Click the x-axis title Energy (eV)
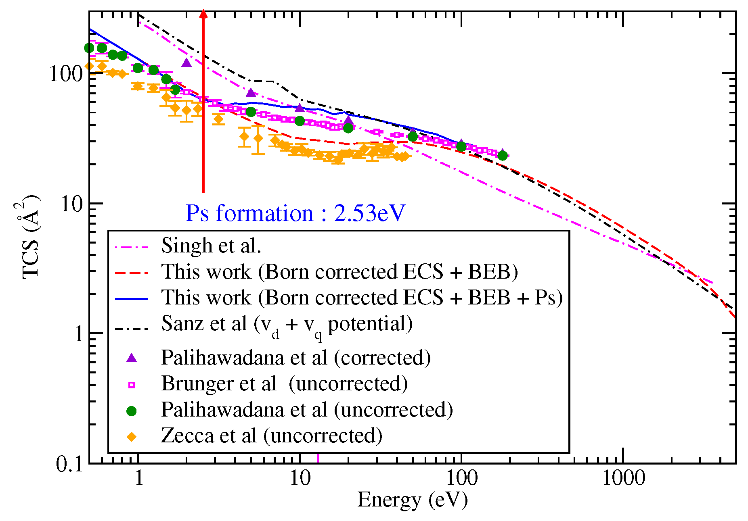412,500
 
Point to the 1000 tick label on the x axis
623,478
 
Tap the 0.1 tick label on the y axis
69,464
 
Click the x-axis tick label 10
300,478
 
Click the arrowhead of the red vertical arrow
203,14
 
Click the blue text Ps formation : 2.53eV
295,213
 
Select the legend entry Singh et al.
211,245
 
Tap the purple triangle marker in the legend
132,358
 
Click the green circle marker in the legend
132,411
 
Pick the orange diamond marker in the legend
132,437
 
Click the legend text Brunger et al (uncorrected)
284,383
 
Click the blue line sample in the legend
132,299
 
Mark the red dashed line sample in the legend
132,273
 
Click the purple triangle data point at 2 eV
186,63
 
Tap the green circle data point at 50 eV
413,137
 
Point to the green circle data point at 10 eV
300,121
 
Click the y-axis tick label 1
78,334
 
